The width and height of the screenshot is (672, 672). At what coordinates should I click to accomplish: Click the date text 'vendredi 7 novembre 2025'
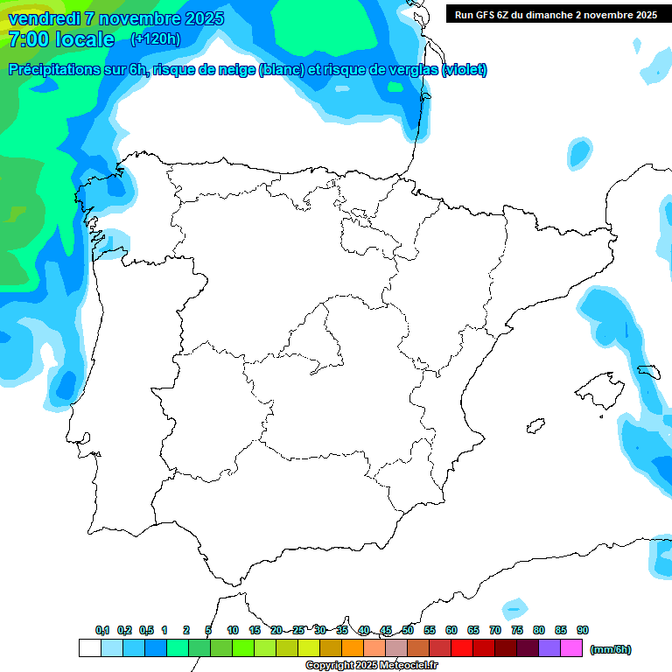[116, 18]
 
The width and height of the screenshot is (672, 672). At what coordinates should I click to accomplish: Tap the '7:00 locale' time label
[60, 39]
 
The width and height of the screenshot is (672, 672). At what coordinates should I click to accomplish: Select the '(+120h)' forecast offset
[155, 38]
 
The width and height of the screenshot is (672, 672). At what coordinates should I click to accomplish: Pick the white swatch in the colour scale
[90, 648]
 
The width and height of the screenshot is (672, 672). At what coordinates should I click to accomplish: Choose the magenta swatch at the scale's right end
[571, 648]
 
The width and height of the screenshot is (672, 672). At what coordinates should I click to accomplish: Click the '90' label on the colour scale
[583, 630]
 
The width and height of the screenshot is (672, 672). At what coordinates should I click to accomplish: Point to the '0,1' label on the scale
[102, 630]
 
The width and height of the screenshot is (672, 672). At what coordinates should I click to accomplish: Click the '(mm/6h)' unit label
[611, 649]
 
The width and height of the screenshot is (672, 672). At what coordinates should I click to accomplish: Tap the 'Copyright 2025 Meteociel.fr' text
[372, 666]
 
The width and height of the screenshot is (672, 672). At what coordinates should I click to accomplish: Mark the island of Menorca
[648, 371]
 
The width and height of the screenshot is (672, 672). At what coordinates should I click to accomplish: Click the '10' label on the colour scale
[233, 630]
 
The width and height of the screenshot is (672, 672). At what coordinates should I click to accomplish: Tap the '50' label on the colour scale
[408, 630]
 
